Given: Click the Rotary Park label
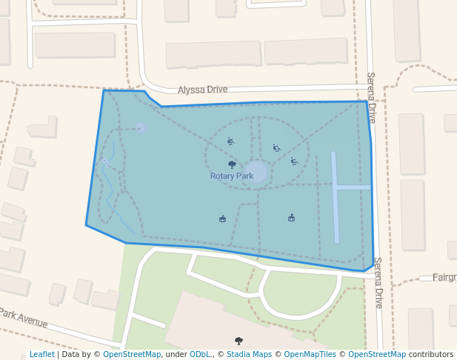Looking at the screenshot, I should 232,176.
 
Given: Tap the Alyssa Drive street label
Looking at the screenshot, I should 202,90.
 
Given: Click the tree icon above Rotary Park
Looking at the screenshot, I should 232,164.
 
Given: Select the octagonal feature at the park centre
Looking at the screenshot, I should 256,172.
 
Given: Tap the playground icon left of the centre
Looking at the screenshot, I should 231,141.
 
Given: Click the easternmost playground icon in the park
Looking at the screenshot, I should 294,161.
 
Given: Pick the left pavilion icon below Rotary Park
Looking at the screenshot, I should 222,219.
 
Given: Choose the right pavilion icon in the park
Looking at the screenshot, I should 291,218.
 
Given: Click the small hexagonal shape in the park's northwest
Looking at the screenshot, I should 141,128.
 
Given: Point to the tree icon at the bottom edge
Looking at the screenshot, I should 238,341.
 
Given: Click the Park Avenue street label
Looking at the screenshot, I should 24,319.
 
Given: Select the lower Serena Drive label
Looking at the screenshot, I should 378,282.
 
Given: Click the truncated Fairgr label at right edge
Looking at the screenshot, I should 444,278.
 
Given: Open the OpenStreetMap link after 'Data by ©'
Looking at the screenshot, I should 132,355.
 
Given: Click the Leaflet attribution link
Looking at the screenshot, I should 41,355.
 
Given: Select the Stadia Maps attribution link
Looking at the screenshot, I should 249,355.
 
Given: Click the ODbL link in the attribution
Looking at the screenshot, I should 200,355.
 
